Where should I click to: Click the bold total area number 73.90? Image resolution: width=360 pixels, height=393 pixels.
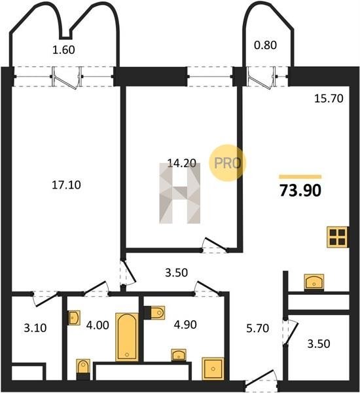pos(300,191)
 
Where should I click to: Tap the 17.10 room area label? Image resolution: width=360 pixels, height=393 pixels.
pos(66,185)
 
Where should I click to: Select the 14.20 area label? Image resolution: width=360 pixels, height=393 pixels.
pos(181,163)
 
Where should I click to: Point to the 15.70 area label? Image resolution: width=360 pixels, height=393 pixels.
pos(329,99)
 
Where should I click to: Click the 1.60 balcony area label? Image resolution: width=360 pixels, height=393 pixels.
pos(63,50)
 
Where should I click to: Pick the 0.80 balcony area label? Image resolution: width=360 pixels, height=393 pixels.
pos(265,45)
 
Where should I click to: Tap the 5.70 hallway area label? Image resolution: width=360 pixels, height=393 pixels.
pos(257,328)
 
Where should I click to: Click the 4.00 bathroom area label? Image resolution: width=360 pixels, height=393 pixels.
pos(98,326)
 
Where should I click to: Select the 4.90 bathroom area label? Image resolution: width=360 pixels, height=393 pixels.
pos(185,325)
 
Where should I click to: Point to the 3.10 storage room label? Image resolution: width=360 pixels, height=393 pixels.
pos(35,328)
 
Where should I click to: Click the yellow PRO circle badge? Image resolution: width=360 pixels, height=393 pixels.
pos(228,163)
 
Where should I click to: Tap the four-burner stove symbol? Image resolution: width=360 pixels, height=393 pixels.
pos(338,237)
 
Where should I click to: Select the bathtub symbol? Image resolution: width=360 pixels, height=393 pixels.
pos(127,337)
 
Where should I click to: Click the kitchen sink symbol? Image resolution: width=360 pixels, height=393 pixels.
pos(314,282)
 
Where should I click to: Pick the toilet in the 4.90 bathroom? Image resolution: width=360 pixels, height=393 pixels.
pos(154,312)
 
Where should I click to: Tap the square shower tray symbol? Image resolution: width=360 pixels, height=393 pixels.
pos(213,369)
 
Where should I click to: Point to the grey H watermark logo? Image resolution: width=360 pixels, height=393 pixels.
pos(180,193)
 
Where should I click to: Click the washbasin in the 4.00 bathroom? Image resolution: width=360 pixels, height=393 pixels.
pos(74,318)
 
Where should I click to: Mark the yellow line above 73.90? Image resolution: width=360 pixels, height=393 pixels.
pos(300,177)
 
